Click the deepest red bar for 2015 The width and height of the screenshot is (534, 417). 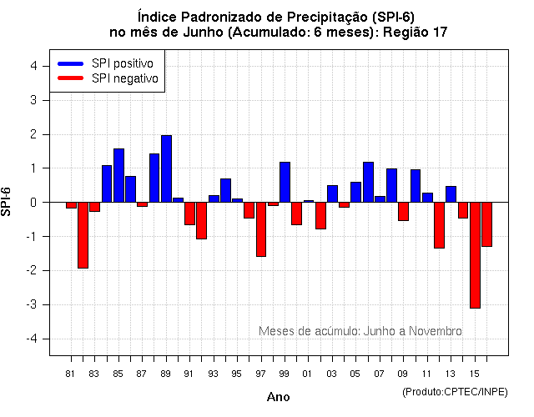(x=475, y=255)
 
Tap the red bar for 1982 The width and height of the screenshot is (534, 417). (x=83, y=235)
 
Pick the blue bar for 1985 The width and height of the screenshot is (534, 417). (x=118, y=175)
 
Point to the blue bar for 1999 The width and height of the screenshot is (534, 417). (x=285, y=182)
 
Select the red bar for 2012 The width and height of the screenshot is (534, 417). (x=439, y=225)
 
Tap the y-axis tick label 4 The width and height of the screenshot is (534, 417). (x=33, y=66)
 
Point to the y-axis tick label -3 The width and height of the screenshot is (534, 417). (x=30, y=304)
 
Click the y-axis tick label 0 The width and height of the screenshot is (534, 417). (x=33, y=203)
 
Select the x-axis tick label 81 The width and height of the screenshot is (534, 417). (x=71, y=373)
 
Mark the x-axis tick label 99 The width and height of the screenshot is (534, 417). (x=285, y=373)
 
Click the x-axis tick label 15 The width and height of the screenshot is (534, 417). (x=475, y=373)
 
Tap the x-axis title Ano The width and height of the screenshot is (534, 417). (x=278, y=397)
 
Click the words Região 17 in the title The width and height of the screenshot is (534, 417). (x=416, y=33)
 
